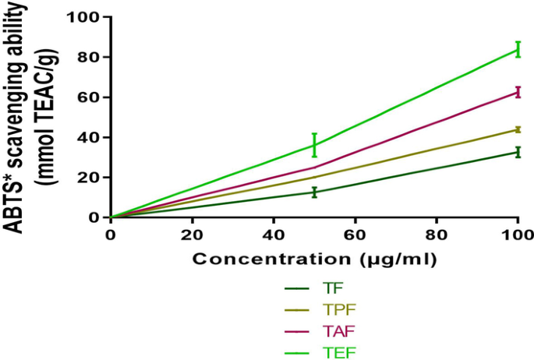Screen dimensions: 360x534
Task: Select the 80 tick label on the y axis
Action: [90, 57]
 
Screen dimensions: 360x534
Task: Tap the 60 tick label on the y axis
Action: [90, 97]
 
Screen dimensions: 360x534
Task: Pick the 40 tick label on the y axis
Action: [90, 137]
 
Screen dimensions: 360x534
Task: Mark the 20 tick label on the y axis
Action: [90, 178]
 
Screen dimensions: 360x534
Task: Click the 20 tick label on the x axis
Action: [192, 235]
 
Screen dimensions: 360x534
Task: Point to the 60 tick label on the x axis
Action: [355, 235]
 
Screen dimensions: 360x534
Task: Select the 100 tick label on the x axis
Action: [517, 235]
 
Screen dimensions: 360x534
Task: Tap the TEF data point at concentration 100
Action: [517, 49]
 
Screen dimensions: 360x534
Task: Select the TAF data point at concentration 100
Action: [517, 92]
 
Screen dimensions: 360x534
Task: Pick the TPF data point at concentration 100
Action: [517, 129]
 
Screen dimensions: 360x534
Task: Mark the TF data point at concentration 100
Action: [517, 151]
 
